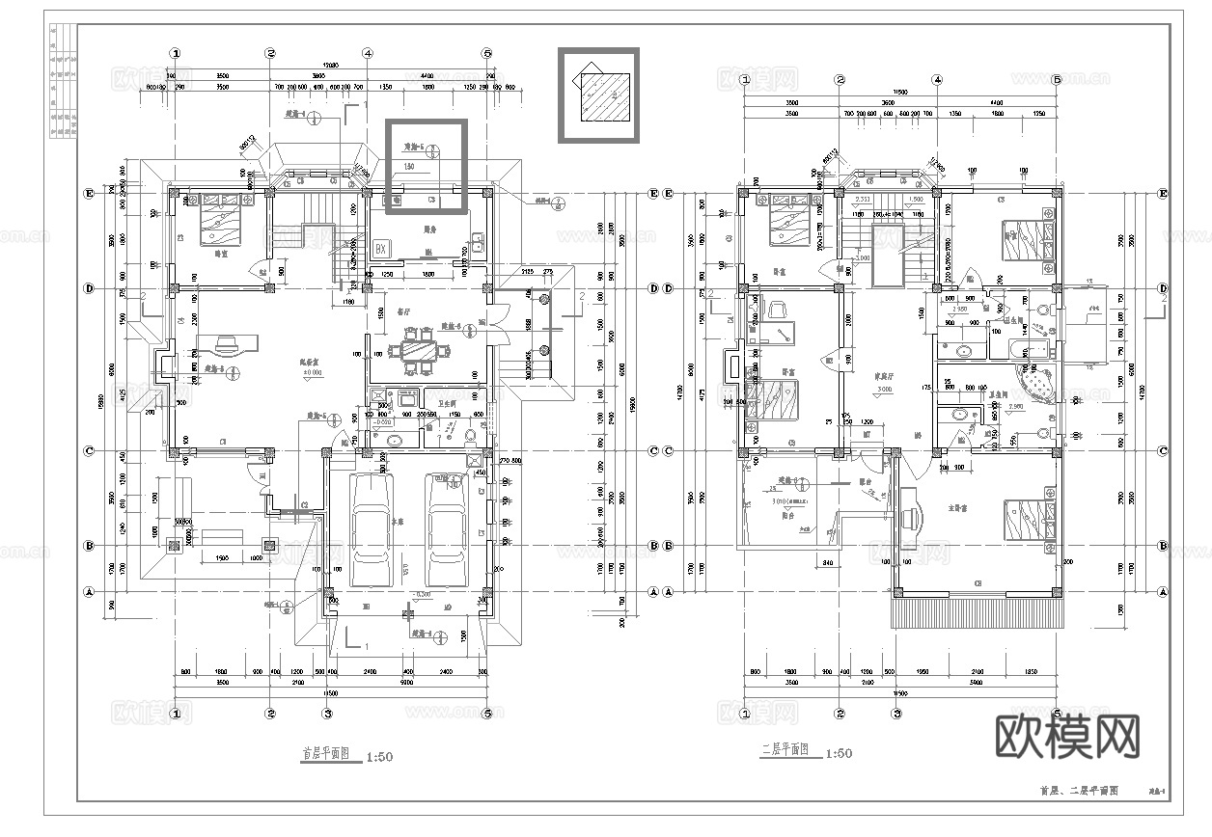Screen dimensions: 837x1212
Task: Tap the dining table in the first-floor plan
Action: (420, 350)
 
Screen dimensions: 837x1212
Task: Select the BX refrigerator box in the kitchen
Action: (380, 249)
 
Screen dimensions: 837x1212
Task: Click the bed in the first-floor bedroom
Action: (220, 220)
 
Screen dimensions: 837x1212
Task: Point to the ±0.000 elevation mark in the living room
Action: (312, 371)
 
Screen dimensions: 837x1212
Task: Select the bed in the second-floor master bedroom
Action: (1029, 522)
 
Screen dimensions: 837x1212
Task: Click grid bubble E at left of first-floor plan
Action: (90, 193)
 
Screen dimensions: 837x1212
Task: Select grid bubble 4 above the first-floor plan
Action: (368, 54)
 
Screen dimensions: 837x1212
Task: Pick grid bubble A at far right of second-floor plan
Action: (1163, 591)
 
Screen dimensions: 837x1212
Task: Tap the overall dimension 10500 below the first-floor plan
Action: (330, 692)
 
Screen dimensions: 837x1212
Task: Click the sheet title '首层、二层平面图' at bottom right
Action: (1078, 791)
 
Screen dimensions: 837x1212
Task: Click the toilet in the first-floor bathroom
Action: (472, 436)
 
